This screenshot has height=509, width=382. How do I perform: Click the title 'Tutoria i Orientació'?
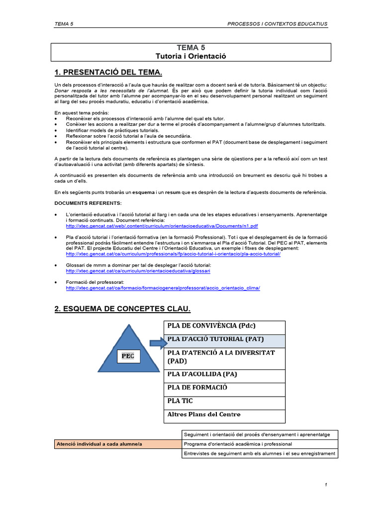191,56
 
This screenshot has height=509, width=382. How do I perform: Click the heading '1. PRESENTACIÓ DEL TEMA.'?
101,73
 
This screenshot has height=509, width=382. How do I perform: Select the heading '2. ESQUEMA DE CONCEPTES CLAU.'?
122,309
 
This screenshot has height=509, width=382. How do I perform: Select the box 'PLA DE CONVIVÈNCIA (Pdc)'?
224,327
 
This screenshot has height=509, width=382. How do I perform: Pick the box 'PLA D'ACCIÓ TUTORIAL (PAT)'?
224,340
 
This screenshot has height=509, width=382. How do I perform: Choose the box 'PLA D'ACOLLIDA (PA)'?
224,376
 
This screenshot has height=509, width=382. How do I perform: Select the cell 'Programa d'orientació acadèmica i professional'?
260,444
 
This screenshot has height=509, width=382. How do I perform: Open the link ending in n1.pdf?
162,226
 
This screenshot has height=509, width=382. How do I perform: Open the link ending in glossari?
138,271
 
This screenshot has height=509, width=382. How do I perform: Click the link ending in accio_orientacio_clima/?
163,288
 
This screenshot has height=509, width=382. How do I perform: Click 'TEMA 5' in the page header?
64,24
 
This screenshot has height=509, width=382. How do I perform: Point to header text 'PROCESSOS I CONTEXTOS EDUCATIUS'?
277,24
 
